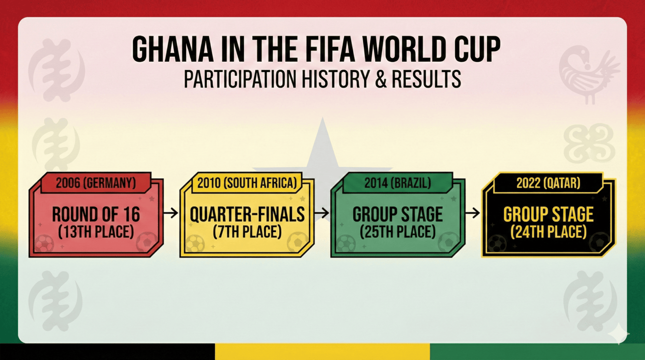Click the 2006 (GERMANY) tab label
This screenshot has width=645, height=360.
tap(96, 183)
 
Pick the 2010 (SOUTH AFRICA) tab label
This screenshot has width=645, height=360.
tap(247, 183)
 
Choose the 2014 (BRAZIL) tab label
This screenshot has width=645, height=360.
tap(397, 183)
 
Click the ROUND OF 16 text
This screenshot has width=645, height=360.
tap(96, 214)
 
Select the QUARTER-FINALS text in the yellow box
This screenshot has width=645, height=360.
tap(247, 214)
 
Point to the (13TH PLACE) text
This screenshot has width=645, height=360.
tap(96, 231)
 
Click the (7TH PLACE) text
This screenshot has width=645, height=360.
tap(247, 231)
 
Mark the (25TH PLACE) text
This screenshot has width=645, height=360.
tap(397, 231)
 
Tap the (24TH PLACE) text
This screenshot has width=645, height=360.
tap(548, 231)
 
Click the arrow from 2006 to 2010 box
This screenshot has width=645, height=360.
tap(171, 213)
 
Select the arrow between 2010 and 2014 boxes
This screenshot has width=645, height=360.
tap(322, 213)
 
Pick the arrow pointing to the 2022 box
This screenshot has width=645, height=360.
tap(473, 213)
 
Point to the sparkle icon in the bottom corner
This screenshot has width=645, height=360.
tap(617, 333)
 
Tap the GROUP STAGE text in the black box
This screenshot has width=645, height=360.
tap(548, 215)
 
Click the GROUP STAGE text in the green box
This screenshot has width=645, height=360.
tap(397, 214)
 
